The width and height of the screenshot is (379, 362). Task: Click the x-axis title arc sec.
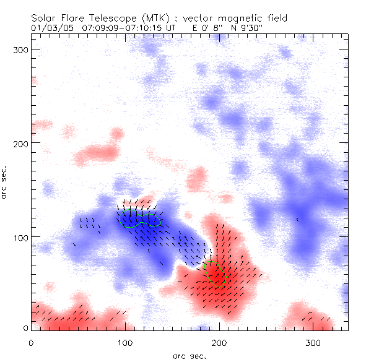coord(189,355)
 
